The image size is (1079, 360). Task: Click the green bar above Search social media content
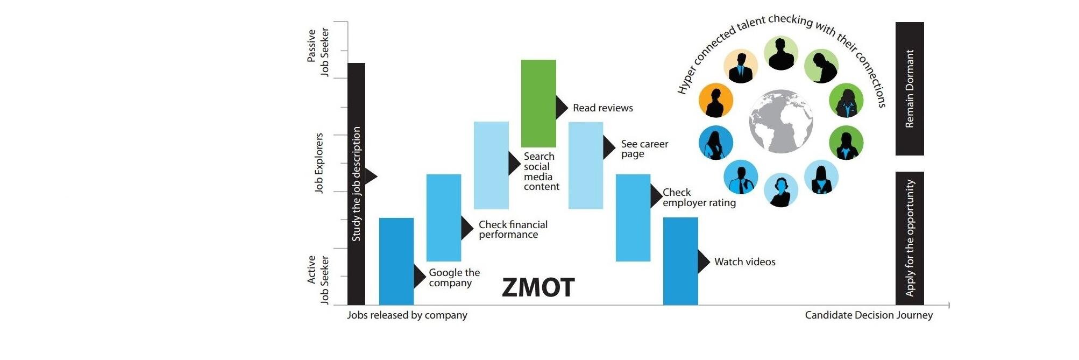(538, 103)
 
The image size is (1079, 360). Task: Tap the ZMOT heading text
(538, 287)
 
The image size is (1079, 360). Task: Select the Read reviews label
(603, 108)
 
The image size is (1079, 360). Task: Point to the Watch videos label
(745, 262)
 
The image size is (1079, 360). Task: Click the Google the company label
(455, 278)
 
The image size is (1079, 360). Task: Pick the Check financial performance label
(513, 230)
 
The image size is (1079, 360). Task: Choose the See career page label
(645, 149)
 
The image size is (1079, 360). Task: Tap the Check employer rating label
(699, 197)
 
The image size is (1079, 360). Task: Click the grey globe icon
(781, 122)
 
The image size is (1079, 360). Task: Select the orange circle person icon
(716, 101)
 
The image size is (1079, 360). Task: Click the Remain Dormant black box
(910, 89)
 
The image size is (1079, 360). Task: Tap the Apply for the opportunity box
(910, 238)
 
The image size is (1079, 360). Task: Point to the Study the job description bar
(356, 184)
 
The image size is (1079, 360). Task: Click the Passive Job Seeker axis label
(318, 52)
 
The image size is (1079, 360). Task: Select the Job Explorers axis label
(319, 163)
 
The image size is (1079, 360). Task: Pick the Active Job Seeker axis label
(318, 280)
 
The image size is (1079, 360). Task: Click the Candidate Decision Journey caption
(869, 315)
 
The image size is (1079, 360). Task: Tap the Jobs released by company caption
(407, 315)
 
